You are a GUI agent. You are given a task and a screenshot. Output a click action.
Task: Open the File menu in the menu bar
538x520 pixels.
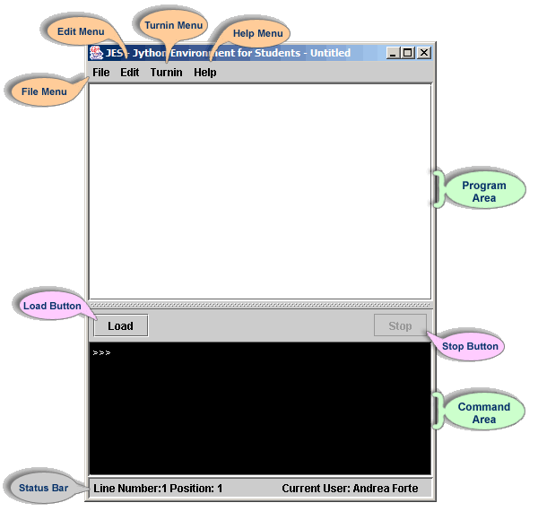(100, 73)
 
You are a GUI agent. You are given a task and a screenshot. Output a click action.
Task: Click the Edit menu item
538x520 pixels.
(130, 73)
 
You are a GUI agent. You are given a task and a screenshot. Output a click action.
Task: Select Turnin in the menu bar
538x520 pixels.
(167, 73)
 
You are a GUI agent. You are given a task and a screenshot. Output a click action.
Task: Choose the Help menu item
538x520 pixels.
(205, 73)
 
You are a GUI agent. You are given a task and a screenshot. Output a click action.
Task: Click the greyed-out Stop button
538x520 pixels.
(400, 325)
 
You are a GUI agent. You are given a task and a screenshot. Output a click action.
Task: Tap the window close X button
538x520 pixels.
(424, 53)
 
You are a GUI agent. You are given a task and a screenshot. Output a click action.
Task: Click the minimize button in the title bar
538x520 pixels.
(394, 53)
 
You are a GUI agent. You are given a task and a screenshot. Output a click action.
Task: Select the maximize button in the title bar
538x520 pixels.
(408, 53)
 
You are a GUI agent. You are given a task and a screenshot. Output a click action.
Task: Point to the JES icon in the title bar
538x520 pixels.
(96, 53)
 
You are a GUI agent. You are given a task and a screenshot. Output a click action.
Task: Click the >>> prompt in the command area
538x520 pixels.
(101, 352)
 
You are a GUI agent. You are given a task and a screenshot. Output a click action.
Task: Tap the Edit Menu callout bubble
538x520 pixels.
(81, 31)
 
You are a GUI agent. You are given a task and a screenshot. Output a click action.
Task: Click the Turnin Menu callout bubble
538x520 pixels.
(173, 25)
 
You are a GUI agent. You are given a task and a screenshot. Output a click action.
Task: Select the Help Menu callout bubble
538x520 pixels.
(257, 33)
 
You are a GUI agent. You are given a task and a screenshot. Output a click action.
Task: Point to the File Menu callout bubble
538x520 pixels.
(44, 91)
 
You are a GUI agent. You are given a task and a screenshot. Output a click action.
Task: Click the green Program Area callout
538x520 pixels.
(484, 191)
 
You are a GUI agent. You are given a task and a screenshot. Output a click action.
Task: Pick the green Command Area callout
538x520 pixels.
(484, 413)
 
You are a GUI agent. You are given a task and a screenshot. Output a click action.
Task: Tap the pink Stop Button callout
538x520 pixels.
(470, 346)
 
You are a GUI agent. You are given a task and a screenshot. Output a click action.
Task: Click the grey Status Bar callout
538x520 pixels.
(44, 488)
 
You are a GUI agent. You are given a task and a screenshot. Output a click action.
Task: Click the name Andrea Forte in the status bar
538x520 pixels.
(386, 488)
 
